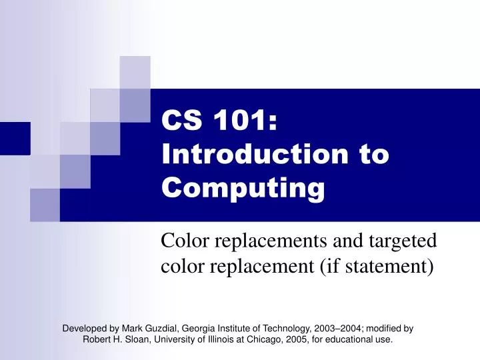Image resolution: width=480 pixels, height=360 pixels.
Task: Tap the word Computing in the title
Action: coord(243,189)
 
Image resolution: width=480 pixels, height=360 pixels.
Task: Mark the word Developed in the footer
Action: coord(85,328)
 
